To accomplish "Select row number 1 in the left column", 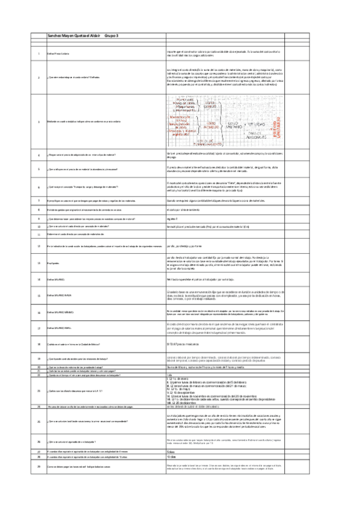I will [x=38, y=55].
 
